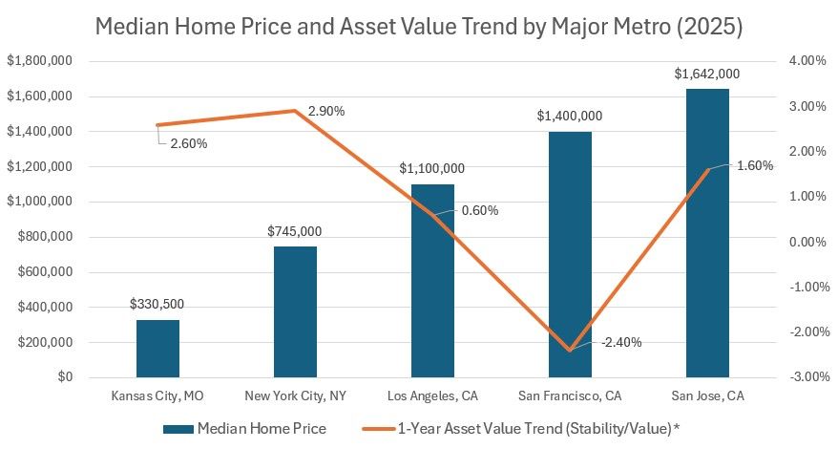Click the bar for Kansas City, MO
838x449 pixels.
click(157, 349)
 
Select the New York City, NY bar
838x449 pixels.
click(295, 312)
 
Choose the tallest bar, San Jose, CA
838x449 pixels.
click(707, 233)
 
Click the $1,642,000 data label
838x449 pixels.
click(707, 74)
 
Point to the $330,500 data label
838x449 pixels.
click(157, 304)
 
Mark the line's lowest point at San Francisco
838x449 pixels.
click(570, 350)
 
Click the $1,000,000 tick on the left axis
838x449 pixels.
click(39, 202)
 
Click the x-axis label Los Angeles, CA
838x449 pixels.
click(432, 396)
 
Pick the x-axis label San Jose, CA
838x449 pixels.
click(707, 396)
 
